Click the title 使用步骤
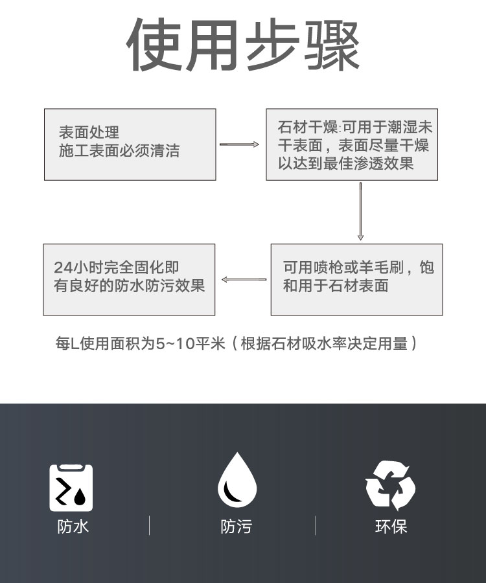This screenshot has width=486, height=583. pos(243,45)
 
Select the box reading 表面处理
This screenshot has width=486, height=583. pos(130,144)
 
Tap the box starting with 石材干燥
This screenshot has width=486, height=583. pos(352,144)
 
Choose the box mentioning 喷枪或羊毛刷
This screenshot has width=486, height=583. pos(356,280)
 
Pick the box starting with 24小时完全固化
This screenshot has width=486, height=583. pos(129,280)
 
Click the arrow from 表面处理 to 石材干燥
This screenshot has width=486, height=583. pos(239,144)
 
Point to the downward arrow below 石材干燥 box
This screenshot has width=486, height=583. pos(360,211)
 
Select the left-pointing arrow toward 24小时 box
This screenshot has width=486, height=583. pos(244,279)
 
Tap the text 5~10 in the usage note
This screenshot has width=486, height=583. pos(175,343)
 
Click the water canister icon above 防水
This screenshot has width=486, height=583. pos(71,488)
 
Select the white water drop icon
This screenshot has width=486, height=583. pos(237,480)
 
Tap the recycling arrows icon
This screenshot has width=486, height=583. pos(391,486)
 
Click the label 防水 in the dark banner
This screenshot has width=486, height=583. pos(73,527)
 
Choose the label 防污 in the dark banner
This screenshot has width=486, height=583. pos(237,527)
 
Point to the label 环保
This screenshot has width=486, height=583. pos(391,527)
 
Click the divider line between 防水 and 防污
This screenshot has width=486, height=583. pos(150,525)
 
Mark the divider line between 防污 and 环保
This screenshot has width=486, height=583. pos(316,525)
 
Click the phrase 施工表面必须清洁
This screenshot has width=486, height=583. pos(119,151)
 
